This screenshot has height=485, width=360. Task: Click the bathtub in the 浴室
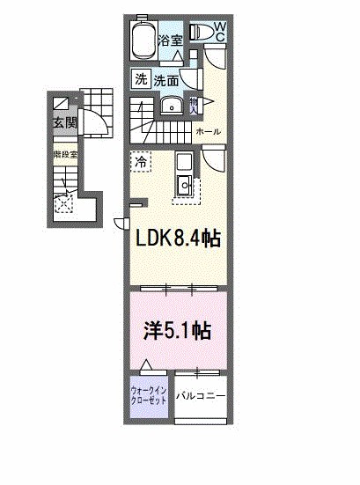click(x=143, y=40)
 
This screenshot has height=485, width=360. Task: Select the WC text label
click(x=220, y=33)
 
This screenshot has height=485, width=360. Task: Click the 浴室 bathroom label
click(x=170, y=40)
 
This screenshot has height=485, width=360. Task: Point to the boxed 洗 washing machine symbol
click(x=141, y=79)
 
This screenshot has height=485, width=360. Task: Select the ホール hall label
click(x=208, y=132)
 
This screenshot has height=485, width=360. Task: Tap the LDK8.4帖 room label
click(x=176, y=238)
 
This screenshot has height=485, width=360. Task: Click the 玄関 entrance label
click(x=63, y=121)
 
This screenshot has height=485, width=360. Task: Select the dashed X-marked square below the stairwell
click(x=63, y=205)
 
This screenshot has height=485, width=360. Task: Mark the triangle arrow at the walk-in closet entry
click(x=147, y=364)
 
